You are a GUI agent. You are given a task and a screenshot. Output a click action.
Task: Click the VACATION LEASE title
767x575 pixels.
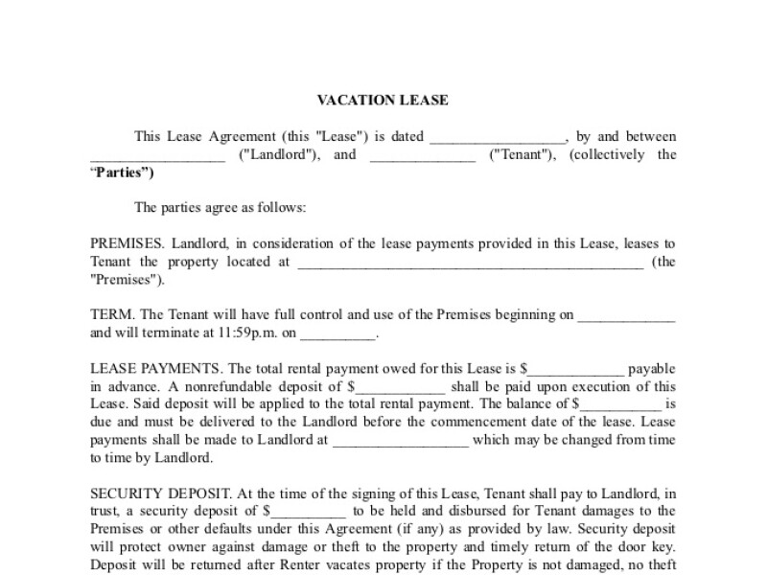[383, 100]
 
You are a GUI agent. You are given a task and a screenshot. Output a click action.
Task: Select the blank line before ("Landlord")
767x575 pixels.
[157, 156]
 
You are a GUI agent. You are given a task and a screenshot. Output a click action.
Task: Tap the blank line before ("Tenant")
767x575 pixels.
[423, 156]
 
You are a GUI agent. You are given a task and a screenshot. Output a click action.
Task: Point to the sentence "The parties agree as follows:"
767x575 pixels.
[221, 207]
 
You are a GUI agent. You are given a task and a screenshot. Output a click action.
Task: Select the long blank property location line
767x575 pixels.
[470, 263]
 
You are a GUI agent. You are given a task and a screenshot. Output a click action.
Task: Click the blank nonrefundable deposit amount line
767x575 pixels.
[401, 387]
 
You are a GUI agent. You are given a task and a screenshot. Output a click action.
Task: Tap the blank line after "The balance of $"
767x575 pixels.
[621, 404]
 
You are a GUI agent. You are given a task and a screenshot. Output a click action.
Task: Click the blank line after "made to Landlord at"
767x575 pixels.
[400, 441]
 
